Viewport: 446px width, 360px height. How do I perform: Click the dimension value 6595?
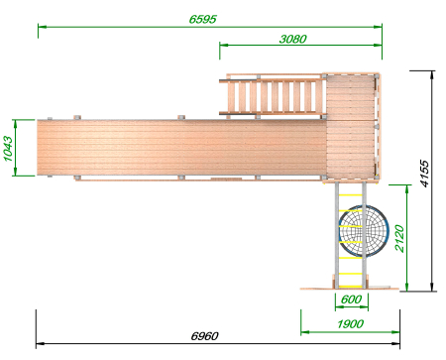pyautogui.click(x=202, y=19)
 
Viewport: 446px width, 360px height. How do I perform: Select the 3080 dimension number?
pyautogui.click(x=292, y=39)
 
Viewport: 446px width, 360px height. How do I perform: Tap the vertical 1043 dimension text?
pyautogui.click(x=8, y=149)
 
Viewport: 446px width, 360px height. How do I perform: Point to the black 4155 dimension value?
pyautogui.click(x=424, y=174)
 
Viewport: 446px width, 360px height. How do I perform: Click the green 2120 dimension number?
pyautogui.click(x=399, y=238)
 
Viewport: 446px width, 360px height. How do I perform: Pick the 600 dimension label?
pyautogui.click(x=351, y=300)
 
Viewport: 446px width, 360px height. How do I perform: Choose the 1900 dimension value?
pyautogui.click(x=350, y=324)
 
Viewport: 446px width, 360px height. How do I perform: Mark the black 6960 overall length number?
pyautogui.click(x=204, y=336)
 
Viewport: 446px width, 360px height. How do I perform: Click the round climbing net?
pyautogui.click(x=364, y=231)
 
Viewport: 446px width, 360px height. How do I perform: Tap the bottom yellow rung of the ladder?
pyautogui.click(x=351, y=287)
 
